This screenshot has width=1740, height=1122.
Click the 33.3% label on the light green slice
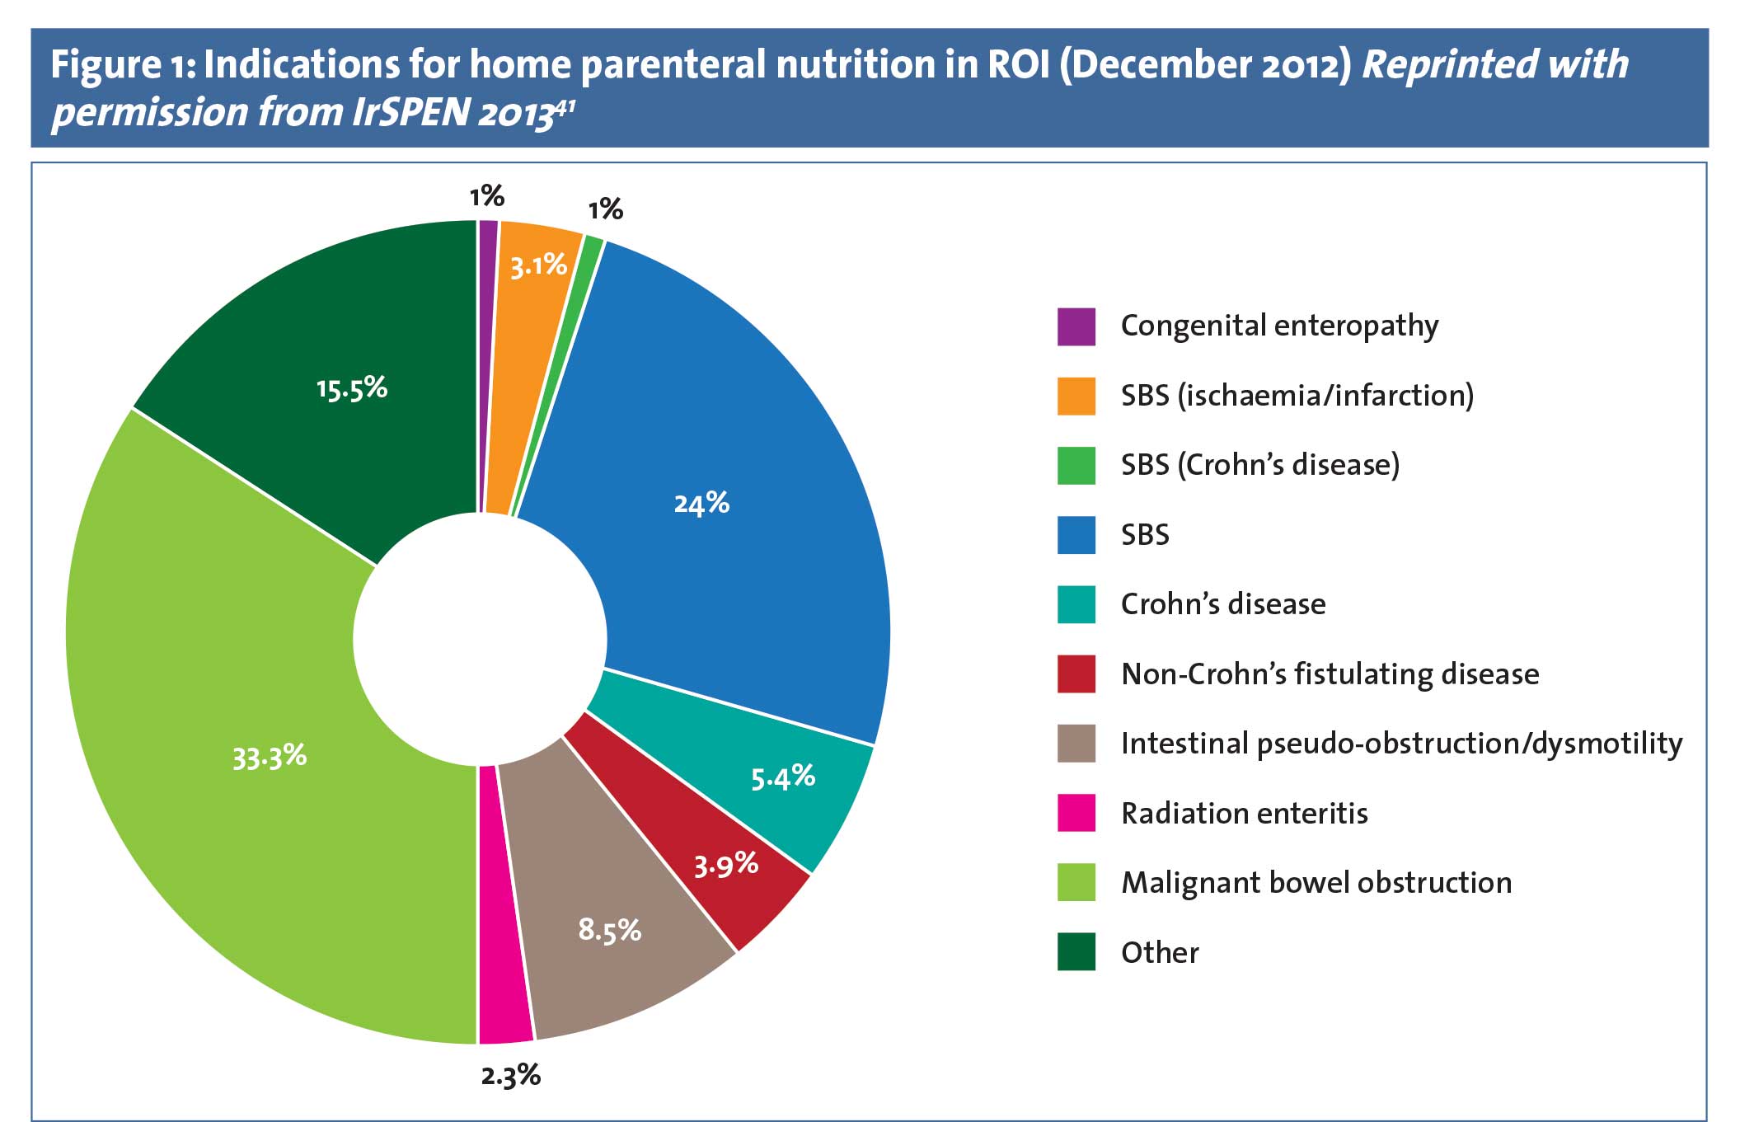tap(270, 756)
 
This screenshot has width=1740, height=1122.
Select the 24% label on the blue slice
tap(701, 503)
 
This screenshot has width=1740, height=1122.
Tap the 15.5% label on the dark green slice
tap(352, 388)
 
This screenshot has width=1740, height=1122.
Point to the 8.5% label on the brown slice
tap(609, 930)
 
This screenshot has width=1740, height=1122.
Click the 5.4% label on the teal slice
tap(782, 777)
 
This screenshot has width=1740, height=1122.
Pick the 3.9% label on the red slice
tap(725, 864)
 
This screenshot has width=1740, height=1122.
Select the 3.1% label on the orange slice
tap(538, 265)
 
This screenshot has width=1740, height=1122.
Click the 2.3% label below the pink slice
tap(511, 1075)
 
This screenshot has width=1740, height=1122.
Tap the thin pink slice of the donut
tap(504, 907)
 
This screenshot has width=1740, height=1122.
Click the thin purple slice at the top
tap(489, 363)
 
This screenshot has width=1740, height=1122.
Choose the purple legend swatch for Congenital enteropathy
tap(1076, 326)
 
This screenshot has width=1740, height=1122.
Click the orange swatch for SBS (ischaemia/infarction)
tap(1076, 396)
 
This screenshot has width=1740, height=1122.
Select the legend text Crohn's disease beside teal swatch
tap(1223, 604)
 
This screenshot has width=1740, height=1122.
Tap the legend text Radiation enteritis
tap(1245, 814)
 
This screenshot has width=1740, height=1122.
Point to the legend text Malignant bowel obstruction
tap(1316, 883)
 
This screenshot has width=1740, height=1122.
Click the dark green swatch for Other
tap(1076, 952)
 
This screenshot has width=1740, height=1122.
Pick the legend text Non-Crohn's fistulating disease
tap(1330, 674)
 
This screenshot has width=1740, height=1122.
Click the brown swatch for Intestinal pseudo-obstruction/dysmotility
tap(1076, 744)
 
